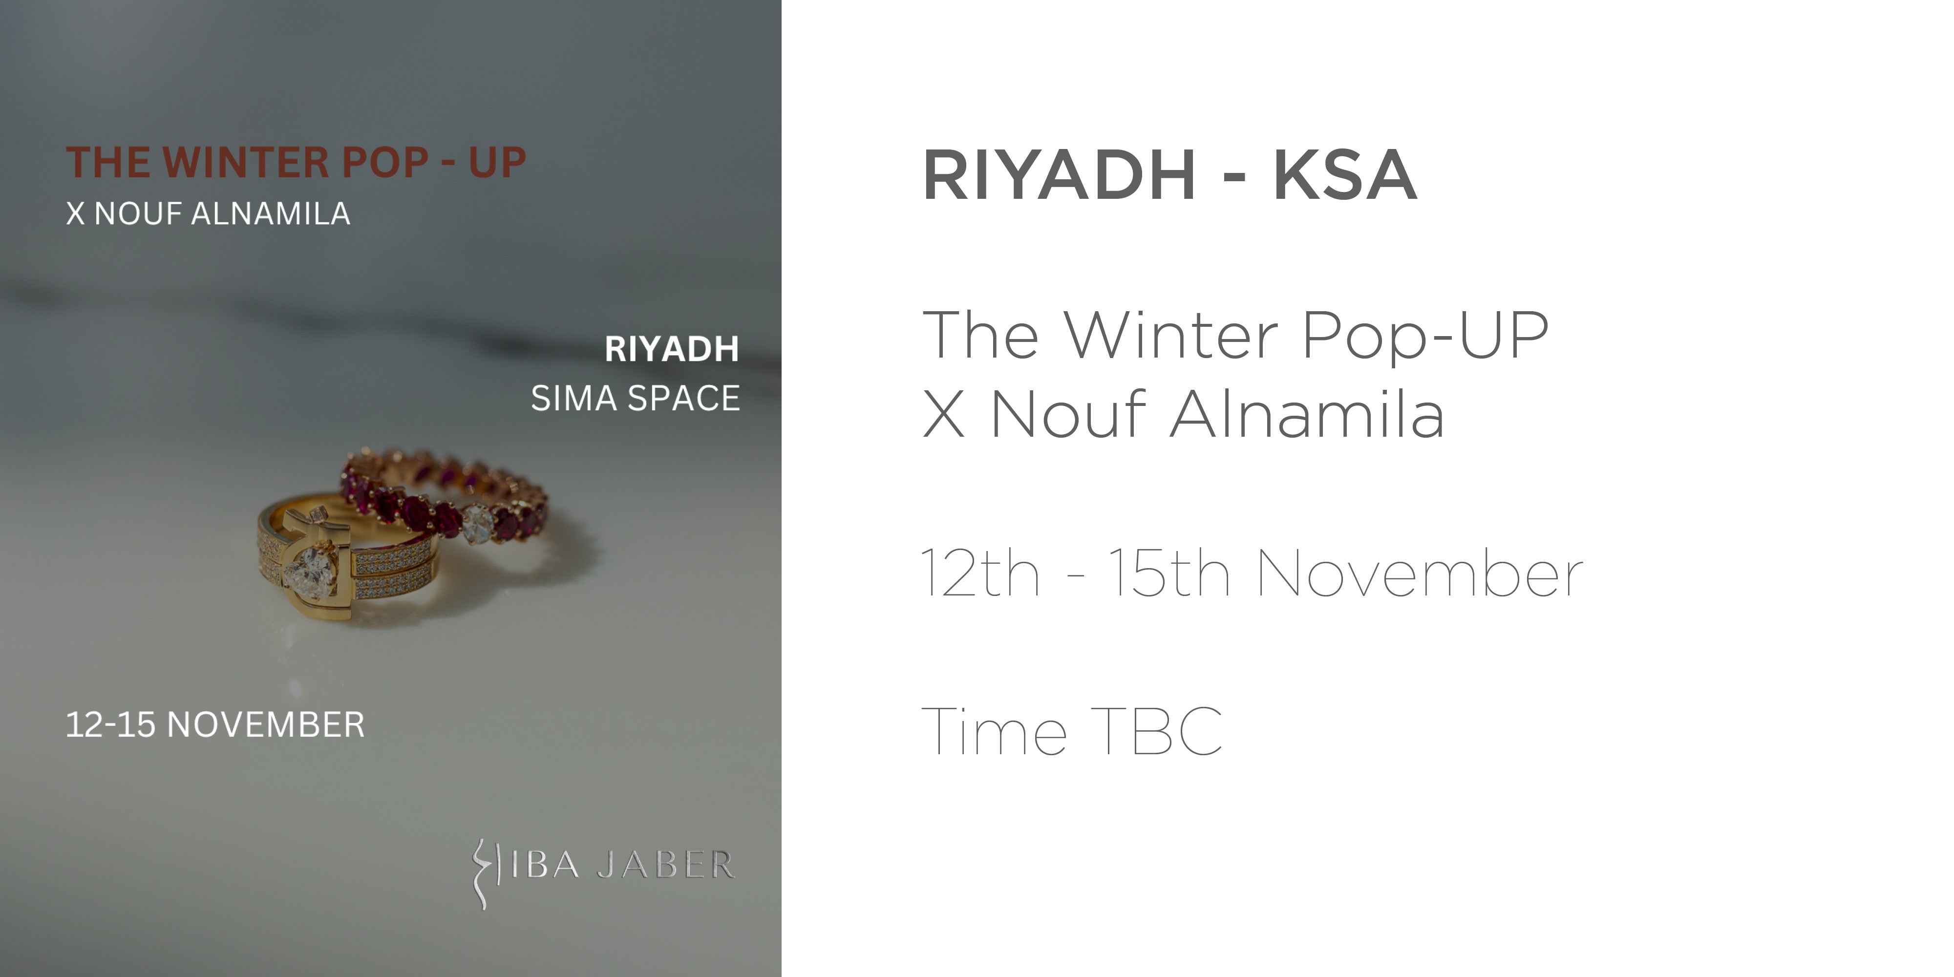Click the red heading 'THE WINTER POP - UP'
pyautogui.click(x=296, y=162)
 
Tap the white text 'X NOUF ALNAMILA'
pyautogui.click(x=208, y=214)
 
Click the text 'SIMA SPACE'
pyautogui.click(x=636, y=398)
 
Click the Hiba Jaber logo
pyautogui.click(x=603, y=872)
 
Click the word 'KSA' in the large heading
pyautogui.click(x=1345, y=175)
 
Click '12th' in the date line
pyautogui.click(x=980, y=573)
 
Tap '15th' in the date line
pyautogui.click(x=1169, y=573)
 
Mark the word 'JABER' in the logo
pyautogui.click(x=666, y=865)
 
